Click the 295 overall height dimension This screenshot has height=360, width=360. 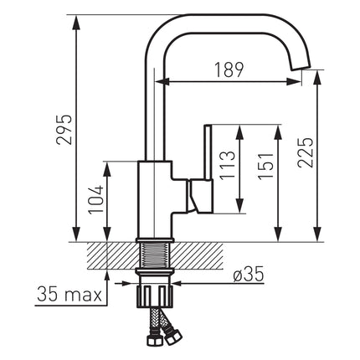(x=64, y=129)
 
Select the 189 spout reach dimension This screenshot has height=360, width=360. (x=229, y=69)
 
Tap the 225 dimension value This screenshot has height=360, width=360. (x=305, y=152)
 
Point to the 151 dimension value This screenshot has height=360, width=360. (x=265, y=166)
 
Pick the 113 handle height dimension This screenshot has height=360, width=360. (x=227, y=165)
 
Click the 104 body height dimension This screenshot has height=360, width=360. (x=96, y=199)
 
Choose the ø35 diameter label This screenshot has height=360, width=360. (x=249, y=275)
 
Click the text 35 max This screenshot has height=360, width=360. (x=69, y=294)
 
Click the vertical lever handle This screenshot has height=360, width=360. (x=208, y=152)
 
